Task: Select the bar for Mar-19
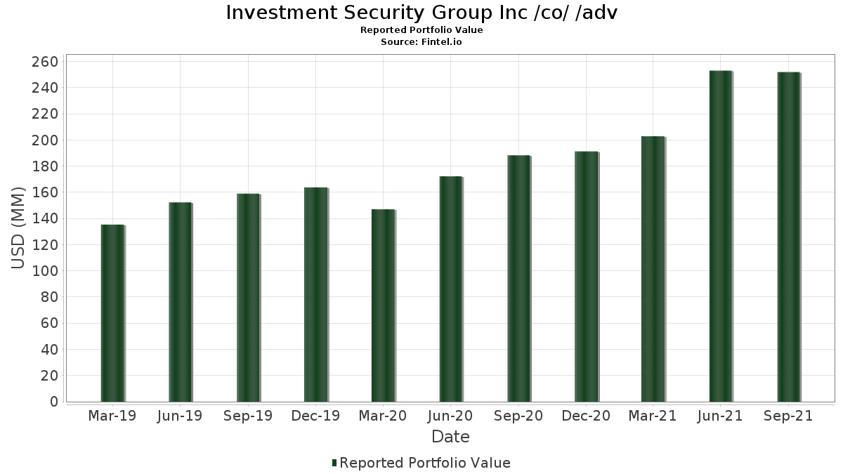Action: (112, 313)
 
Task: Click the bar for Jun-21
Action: (721, 236)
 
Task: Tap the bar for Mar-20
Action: (383, 305)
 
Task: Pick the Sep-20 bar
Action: (518, 278)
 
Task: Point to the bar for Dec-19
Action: (315, 294)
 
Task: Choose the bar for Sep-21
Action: (788, 237)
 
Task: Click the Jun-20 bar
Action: (451, 289)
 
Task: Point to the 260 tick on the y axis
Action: (45, 62)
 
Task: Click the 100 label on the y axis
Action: (45, 271)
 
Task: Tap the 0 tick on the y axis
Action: (55, 402)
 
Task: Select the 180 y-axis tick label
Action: (45, 166)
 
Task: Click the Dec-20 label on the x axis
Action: (586, 416)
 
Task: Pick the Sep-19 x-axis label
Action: (247, 416)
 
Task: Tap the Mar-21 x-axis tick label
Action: (653, 416)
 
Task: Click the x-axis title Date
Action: (450, 437)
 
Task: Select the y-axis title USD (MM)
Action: (18, 228)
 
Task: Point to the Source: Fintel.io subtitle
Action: (421, 41)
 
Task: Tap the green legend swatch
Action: (334, 463)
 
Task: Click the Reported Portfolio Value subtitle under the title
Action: (421, 29)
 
